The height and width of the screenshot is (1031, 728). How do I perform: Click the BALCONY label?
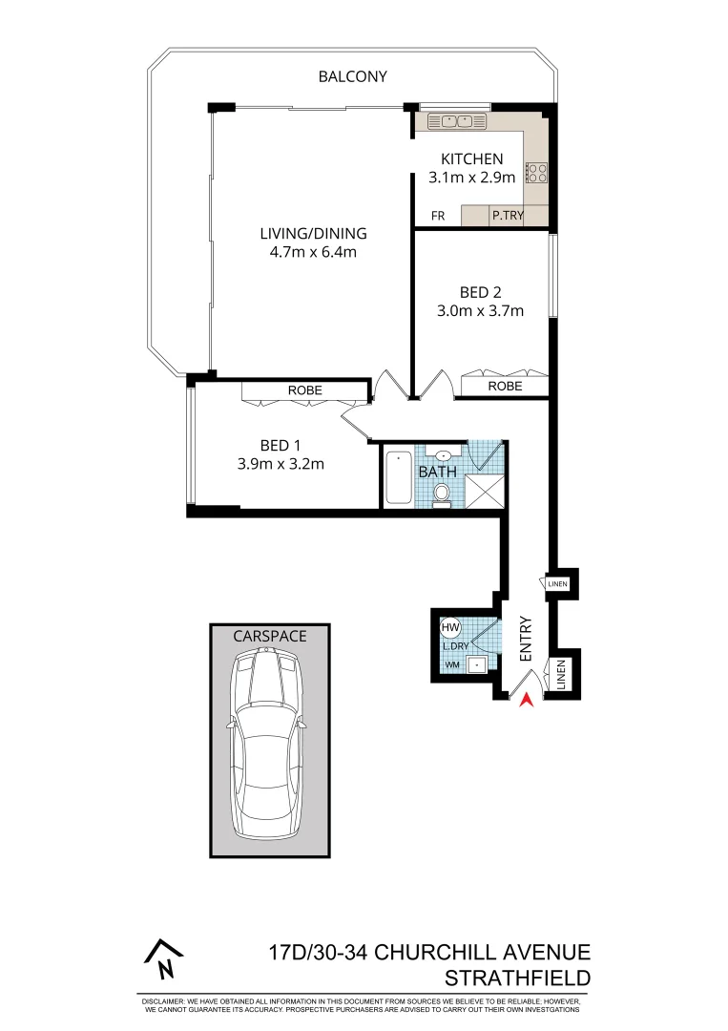[x=352, y=76]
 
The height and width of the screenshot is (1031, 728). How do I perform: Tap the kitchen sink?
[x=451, y=121]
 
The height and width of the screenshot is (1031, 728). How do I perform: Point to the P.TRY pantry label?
[x=506, y=217]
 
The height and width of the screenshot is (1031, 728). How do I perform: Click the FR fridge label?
[x=438, y=217]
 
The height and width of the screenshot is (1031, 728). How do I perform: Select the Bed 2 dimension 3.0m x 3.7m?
[x=480, y=310]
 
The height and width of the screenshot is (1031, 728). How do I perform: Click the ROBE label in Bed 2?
[x=505, y=387]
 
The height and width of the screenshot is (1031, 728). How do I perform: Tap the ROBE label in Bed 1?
[x=305, y=390]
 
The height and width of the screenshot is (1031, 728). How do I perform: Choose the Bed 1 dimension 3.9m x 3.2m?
[x=281, y=465]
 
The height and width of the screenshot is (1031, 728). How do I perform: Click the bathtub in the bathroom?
[x=398, y=478]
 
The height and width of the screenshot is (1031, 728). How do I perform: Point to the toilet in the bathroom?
[x=442, y=492]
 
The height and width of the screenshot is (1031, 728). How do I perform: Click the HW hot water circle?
[x=450, y=628]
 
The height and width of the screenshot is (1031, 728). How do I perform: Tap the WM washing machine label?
[x=451, y=663]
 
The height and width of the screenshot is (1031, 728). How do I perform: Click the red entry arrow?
[x=524, y=702]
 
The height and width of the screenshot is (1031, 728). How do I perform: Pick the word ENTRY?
[x=525, y=642]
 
